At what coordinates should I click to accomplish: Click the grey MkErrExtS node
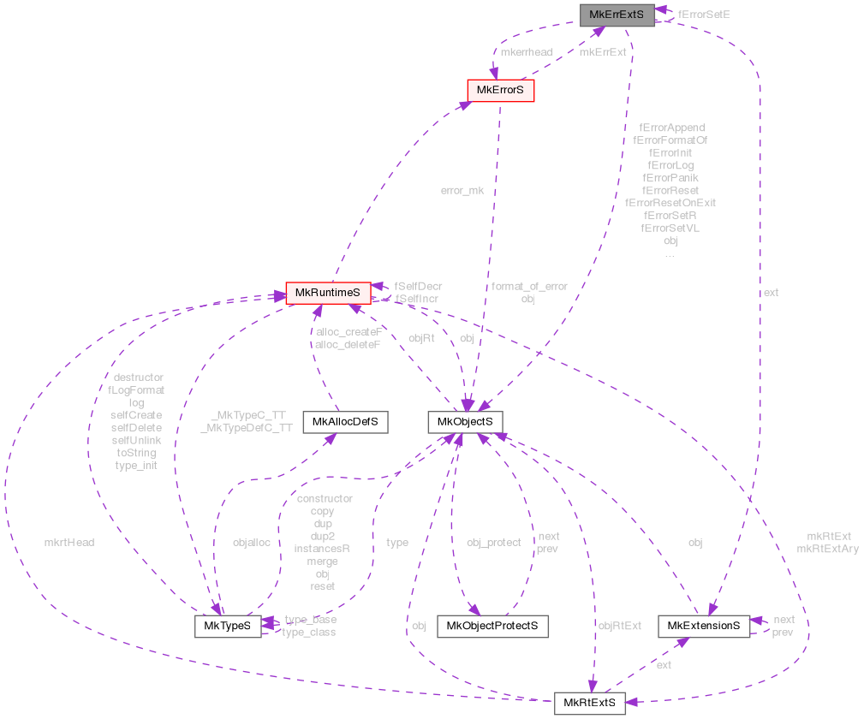[x=617, y=15]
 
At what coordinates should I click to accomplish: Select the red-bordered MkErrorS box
[x=500, y=90]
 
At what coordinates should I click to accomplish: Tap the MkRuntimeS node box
[x=328, y=294]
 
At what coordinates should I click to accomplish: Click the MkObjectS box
[x=465, y=421]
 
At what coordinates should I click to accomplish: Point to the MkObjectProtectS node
[x=492, y=626]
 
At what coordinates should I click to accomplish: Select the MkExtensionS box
[x=704, y=626]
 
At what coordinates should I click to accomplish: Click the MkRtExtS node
[x=589, y=703]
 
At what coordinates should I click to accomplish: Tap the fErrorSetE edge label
[x=704, y=15]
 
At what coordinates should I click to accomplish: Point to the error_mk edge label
[x=462, y=190]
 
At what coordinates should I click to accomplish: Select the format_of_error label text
[x=528, y=286]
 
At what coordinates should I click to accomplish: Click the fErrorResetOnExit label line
[x=670, y=203]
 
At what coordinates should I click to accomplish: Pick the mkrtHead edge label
[x=69, y=542]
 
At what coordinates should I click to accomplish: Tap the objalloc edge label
[x=252, y=542]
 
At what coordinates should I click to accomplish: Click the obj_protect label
[x=493, y=542]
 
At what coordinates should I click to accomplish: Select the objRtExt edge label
[x=619, y=626]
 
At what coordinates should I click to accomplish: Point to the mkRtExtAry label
[x=827, y=549]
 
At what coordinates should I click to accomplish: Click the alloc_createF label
[x=349, y=331]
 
